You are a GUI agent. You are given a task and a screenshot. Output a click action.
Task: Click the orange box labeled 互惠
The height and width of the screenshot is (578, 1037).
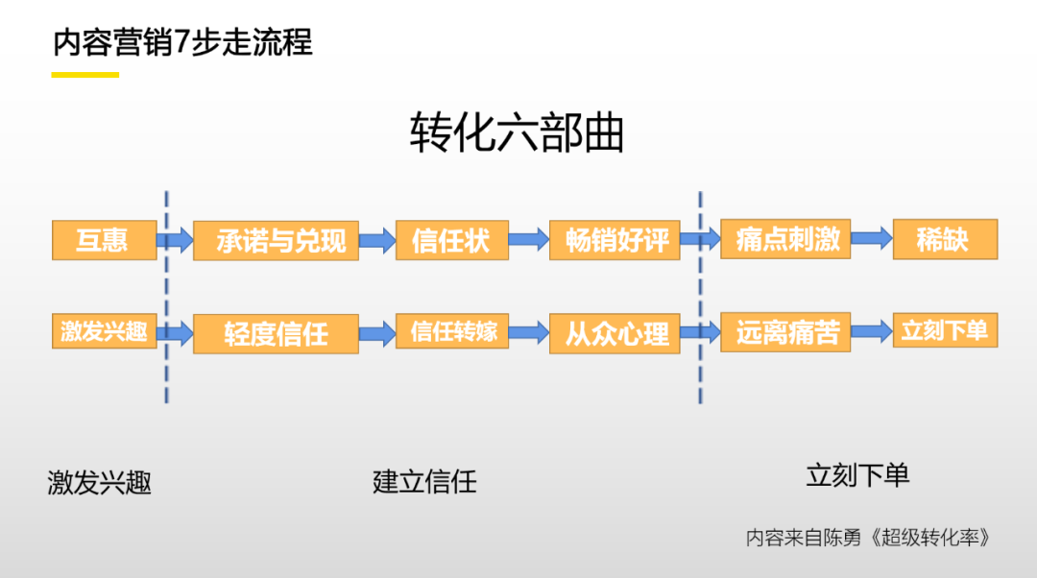tap(104, 239)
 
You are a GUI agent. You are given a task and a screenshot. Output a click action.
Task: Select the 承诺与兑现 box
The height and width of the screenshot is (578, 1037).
tap(276, 240)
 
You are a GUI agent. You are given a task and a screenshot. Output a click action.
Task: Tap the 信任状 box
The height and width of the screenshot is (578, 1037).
tap(451, 239)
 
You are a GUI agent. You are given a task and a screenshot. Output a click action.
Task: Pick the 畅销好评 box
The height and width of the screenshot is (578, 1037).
tap(615, 240)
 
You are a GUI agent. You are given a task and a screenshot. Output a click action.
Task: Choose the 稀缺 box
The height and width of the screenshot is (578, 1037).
tap(945, 239)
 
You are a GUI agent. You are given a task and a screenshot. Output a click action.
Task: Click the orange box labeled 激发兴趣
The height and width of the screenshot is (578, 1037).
tap(104, 331)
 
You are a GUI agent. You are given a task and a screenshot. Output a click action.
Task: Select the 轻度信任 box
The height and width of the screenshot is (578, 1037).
tap(276, 333)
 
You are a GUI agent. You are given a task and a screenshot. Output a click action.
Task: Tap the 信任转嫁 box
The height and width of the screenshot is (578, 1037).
tap(451, 331)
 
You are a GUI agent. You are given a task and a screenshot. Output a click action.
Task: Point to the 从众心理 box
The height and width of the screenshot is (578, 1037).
tap(615, 333)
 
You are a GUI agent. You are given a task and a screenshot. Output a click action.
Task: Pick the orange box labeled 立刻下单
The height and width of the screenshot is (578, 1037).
tap(945, 331)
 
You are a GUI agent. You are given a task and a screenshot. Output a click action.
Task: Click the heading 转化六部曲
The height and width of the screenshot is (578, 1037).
tap(517, 133)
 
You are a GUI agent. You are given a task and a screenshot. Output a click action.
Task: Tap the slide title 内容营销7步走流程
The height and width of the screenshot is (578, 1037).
tap(182, 43)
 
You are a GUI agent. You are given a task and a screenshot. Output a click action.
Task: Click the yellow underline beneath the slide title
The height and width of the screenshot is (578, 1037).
tap(85, 74)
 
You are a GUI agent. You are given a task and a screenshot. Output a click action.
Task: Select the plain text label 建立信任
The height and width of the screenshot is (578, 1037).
tap(424, 480)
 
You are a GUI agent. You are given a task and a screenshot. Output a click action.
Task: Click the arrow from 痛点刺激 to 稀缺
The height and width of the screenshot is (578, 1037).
tap(872, 239)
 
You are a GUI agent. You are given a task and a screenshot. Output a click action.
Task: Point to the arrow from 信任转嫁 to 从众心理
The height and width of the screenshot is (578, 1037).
tap(528, 332)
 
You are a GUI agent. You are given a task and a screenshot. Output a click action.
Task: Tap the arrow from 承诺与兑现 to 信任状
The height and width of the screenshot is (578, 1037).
tap(377, 240)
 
